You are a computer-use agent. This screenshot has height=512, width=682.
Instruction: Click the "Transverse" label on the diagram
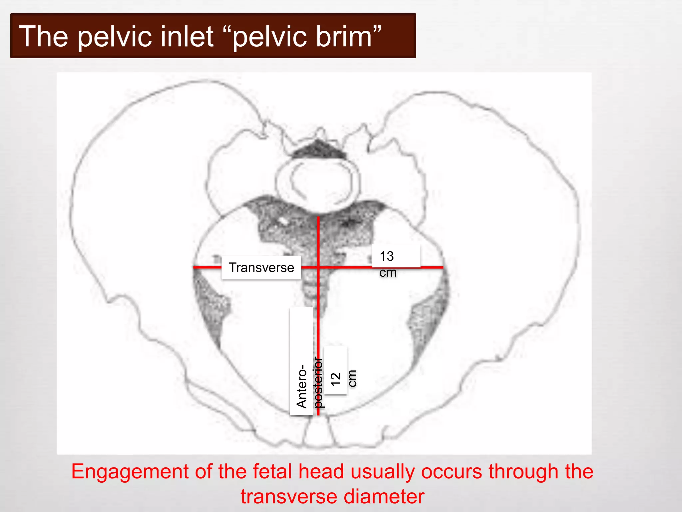click(x=261, y=268)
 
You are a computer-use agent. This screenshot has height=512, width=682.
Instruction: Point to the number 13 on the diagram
click(x=387, y=256)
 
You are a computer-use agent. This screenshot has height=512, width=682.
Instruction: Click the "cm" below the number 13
click(x=388, y=273)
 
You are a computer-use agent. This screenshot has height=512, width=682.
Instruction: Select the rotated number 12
click(x=336, y=379)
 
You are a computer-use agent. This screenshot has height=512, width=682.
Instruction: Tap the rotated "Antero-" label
click(x=302, y=387)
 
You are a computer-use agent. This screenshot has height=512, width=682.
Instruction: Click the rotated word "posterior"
click(x=319, y=383)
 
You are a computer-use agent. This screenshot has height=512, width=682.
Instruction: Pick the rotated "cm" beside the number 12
click(x=352, y=378)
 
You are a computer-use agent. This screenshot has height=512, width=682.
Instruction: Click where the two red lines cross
click(x=318, y=267)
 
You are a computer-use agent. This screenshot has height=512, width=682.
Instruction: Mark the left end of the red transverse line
click(x=194, y=267)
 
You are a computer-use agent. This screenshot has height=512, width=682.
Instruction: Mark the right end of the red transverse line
click(x=443, y=267)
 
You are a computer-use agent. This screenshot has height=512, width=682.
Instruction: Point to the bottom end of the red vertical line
click(x=318, y=414)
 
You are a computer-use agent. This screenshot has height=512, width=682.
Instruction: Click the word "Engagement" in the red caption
click(x=130, y=472)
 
